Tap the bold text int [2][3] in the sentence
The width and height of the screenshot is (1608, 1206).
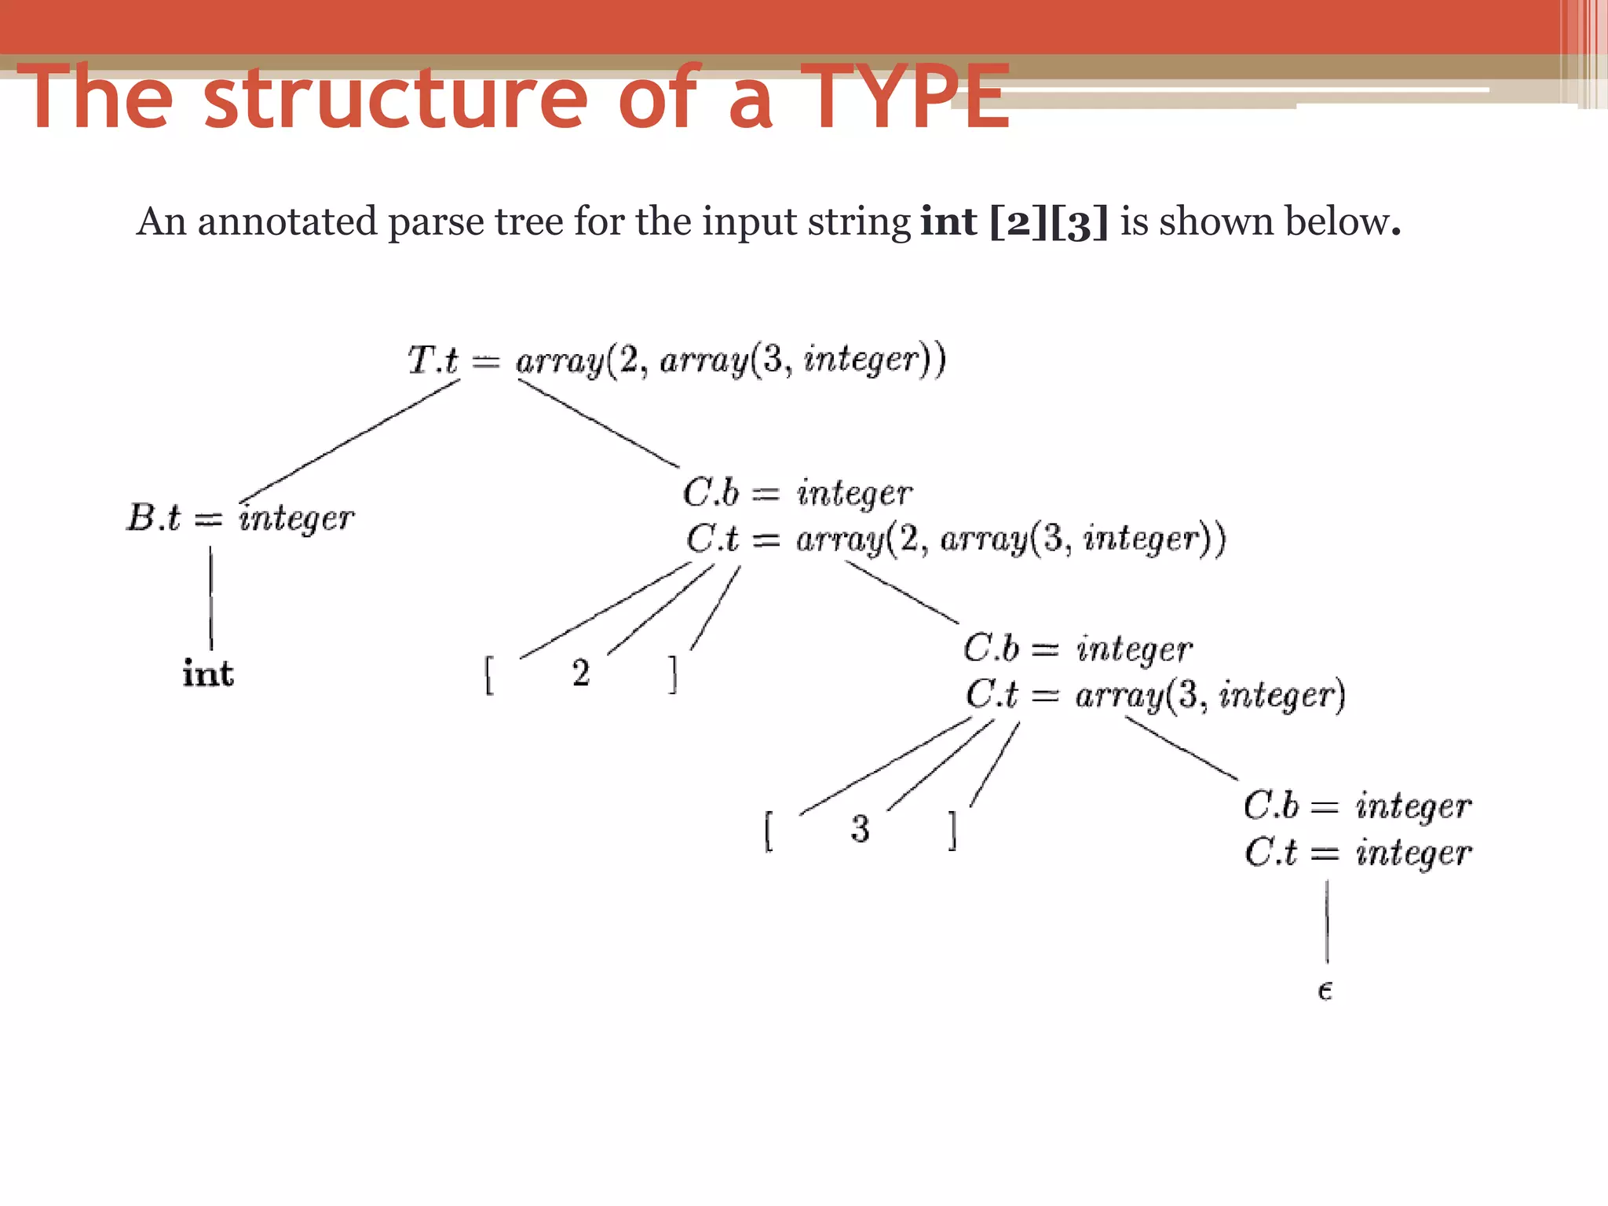click(x=1014, y=221)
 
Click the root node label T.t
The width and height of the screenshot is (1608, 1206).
click(x=433, y=360)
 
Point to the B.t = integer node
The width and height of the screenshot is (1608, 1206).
click(x=240, y=518)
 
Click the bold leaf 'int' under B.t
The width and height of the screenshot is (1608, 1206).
click(x=208, y=674)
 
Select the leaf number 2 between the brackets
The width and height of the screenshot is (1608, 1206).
click(x=581, y=673)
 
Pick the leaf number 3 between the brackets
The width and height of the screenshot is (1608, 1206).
click(x=861, y=829)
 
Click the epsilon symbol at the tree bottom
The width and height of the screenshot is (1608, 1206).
click(x=1325, y=991)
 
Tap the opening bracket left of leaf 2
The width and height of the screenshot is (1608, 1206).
click(x=489, y=675)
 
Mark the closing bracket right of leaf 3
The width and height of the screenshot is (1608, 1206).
click(x=952, y=831)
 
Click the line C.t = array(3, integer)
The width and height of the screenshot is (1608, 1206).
click(x=1155, y=695)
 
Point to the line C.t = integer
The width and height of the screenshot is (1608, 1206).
click(x=1358, y=853)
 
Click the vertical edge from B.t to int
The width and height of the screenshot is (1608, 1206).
click(x=210, y=597)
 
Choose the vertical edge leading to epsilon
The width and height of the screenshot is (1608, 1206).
click(x=1327, y=921)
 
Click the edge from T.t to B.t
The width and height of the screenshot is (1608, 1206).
click(x=350, y=440)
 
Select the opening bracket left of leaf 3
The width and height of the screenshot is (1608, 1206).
click(x=769, y=831)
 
